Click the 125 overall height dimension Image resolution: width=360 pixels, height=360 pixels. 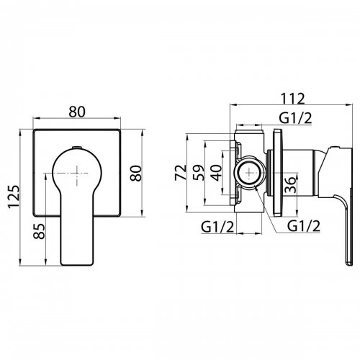click(13, 197)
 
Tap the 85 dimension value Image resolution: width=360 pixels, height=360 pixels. click(39, 231)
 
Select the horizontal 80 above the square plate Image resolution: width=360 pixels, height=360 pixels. click(77, 112)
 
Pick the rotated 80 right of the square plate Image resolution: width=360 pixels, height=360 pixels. click(135, 174)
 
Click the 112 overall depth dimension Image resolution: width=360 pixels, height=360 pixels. click(292, 99)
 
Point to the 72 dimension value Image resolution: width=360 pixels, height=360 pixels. click(181, 172)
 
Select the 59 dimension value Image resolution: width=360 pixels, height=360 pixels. click(199, 173)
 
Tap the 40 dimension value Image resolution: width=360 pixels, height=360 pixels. click(217, 173)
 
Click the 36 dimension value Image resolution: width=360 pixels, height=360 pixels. click(289, 184)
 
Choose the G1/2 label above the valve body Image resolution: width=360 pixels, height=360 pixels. click(296, 118)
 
